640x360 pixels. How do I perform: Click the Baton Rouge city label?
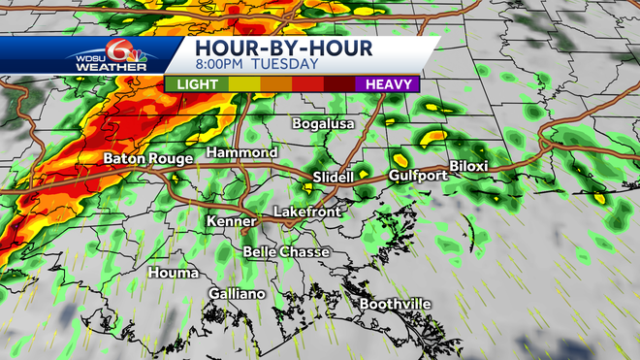(142, 157)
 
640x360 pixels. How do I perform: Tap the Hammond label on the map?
(242, 153)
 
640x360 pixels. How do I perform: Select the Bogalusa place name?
(325, 124)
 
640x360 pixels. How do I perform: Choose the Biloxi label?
(468, 166)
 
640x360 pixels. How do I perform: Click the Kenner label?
(231, 222)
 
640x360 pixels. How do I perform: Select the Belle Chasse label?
(286, 251)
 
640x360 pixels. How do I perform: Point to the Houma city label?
(174, 273)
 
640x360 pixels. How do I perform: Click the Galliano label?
(237, 293)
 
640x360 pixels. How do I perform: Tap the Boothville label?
(395, 305)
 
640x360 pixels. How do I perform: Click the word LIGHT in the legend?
(197, 84)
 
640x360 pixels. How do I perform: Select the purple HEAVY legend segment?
(386, 84)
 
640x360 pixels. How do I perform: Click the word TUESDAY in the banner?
(286, 64)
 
